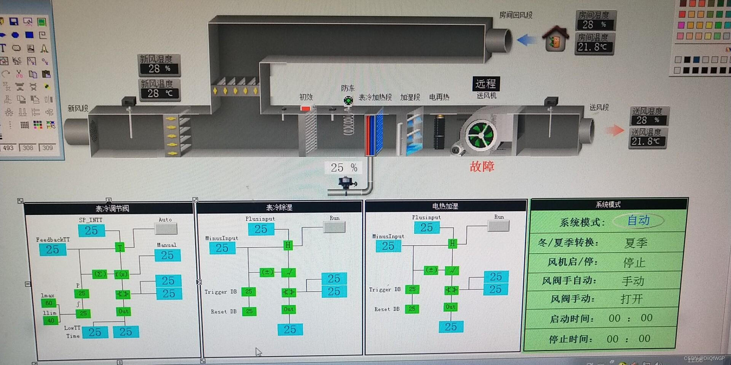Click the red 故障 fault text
click(482, 167)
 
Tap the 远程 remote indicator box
click(486, 84)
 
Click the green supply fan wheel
click(480, 135)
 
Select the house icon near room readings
click(556, 39)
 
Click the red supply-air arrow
click(614, 130)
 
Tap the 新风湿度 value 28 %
click(159, 69)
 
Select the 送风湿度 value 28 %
click(648, 120)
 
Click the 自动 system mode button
click(638, 221)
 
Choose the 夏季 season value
click(636, 243)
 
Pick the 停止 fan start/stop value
click(634, 262)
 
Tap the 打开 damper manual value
click(632, 299)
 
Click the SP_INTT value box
click(91, 230)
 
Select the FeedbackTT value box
click(53, 249)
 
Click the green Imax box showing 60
click(49, 303)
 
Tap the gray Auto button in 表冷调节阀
click(166, 229)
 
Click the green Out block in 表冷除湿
click(289, 309)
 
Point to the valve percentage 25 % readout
click(343, 168)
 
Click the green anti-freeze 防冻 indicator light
click(348, 101)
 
